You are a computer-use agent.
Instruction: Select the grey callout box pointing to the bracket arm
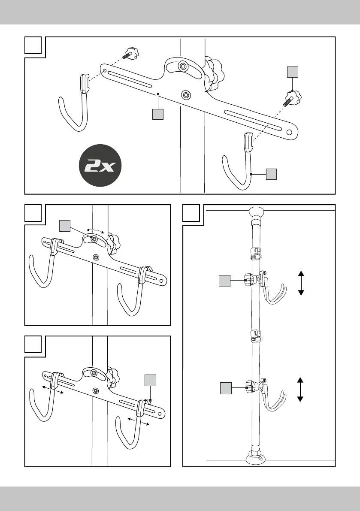click(158, 115)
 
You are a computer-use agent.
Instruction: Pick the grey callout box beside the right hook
click(271, 174)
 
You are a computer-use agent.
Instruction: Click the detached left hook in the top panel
click(76, 103)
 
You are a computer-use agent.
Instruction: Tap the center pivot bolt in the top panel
click(186, 94)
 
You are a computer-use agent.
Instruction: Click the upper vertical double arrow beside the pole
click(301, 283)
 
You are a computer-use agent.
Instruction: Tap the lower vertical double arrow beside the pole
click(300, 390)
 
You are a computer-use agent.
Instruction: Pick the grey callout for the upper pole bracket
click(224, 281)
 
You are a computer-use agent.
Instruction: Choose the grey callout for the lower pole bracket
click(225, 388)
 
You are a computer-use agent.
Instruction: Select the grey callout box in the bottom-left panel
click(150, 381)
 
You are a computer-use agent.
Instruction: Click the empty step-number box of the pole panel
click(191, 213)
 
